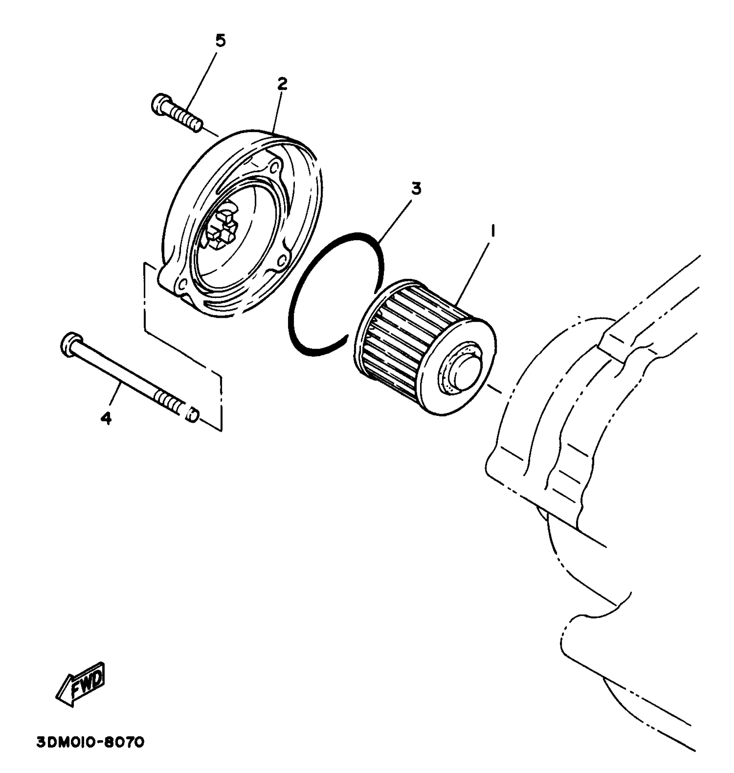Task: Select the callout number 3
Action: [x=416, y=189]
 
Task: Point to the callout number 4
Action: [x=106, y=418]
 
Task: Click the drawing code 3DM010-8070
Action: [x=90, y=742]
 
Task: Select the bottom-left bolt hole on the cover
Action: [x=182, y=283]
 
